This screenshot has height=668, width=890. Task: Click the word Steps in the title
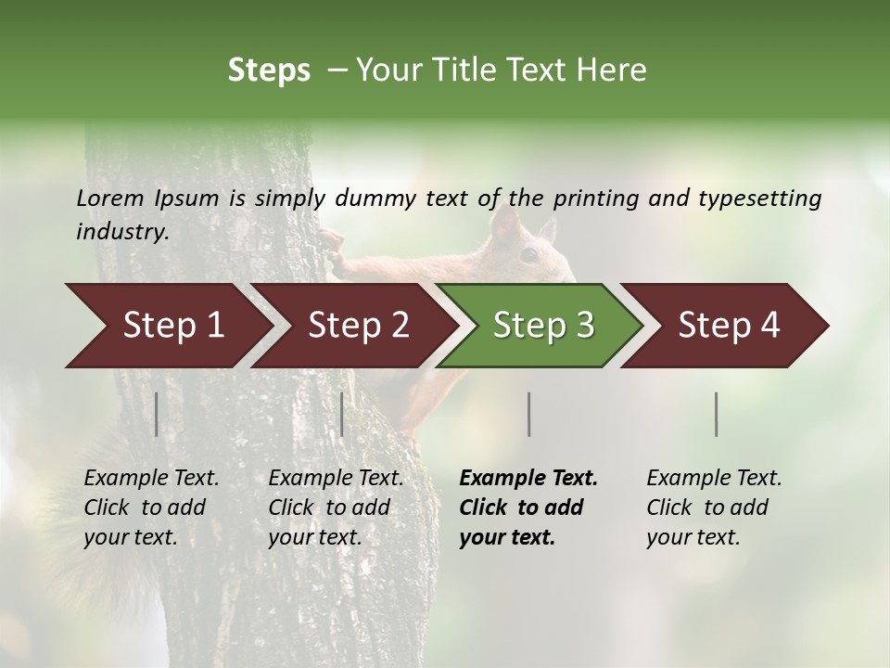click(269, 71)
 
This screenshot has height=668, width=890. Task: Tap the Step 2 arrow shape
click(358, 326)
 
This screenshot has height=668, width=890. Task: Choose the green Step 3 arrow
click(543, 326)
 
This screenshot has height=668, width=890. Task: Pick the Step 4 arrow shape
click(729, 326)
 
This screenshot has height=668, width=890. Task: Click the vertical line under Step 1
click(157, 414)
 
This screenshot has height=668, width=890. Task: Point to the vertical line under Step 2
click(342, 414)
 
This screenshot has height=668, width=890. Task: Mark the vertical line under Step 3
click(528, 414)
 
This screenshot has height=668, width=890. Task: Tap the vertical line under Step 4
click(716, 414)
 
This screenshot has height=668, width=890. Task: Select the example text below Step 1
click(151, 507)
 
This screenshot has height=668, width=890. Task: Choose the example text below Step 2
click(336, 507)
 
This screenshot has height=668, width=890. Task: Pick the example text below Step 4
click(714, 507)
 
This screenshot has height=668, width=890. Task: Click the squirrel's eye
click(528, 253)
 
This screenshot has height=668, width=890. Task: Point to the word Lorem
click(110, 198)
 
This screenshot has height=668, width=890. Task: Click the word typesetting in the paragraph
click(759, 198)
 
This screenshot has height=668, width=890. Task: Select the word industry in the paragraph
click(121, 231)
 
